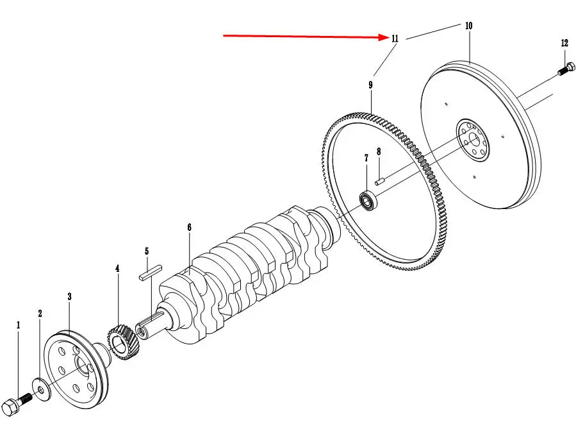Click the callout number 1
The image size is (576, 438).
[x=18, y=326]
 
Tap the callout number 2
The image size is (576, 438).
[x=40, y=314]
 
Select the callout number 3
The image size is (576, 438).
[x=69, y=296]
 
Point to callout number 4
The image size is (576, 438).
[x=117, y=269]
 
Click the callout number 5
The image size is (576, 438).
[x=147, y=251]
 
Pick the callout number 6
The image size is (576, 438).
[x=190, y=227]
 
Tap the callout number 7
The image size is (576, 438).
[x=366, y=158]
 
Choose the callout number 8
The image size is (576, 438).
[x=379, y=152]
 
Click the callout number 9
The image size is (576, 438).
[x=370, y=85]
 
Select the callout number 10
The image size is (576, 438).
[x=468, y=26]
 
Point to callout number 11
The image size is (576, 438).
[x=395, y=38]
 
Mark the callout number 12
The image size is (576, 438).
[x=564, y=44]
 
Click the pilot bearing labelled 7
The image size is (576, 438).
[x=369, y=201]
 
